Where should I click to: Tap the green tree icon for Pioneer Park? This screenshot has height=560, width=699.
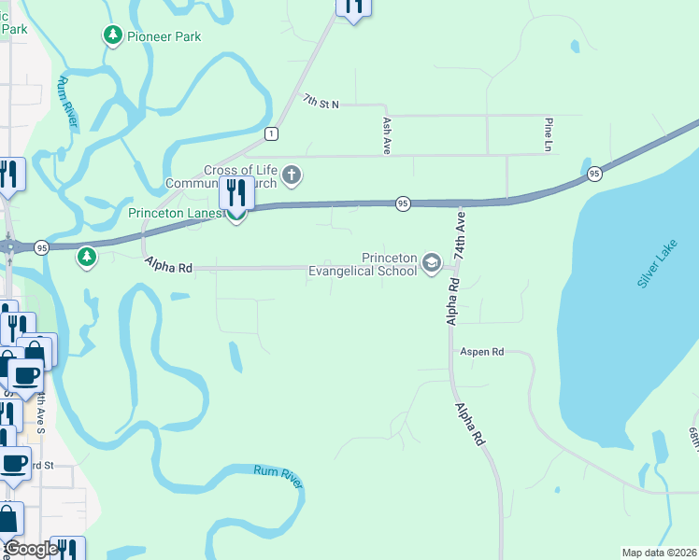coord(112,35)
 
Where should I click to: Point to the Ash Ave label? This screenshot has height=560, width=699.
coord(386,134)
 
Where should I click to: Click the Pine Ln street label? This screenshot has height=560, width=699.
coord(549,134)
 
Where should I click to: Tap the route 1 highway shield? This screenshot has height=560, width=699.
coord(270,133)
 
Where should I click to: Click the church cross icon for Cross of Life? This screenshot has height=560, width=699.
coord(292,175)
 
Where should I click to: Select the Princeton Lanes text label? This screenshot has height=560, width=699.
coord(176,213)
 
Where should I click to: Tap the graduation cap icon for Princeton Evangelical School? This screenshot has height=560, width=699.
coord(432,262)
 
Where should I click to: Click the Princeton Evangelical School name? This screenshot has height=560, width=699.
coord(363,265)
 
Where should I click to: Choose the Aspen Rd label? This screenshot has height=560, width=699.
coord(481,352)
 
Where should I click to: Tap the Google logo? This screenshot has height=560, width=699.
coord(31,549)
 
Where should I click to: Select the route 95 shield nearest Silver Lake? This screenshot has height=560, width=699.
coord(594,174)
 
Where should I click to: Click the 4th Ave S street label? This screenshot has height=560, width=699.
coord(42,412)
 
